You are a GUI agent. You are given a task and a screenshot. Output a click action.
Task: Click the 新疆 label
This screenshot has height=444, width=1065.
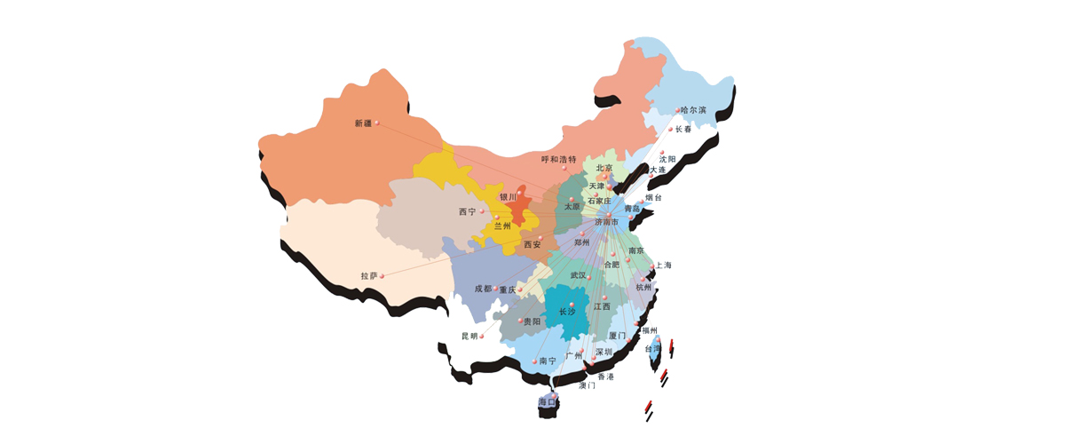point(363,123)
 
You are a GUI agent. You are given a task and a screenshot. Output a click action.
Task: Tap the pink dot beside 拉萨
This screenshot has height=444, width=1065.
point(383,276)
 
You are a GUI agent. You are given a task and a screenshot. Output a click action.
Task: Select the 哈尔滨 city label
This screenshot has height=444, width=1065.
point(693,110)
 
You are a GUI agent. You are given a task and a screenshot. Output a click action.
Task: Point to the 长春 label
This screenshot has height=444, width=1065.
point(683,129)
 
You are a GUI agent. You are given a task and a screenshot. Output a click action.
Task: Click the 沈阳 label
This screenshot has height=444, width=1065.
point(667,158)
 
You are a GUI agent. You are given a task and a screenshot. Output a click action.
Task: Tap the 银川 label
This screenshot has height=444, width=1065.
point(508,196)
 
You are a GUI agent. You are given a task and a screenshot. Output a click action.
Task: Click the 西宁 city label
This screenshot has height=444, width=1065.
point(468,211)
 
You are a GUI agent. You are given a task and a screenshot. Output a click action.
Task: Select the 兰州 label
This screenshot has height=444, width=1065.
point(502,226)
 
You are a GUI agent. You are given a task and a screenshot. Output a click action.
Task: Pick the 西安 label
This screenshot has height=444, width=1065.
point(532,244)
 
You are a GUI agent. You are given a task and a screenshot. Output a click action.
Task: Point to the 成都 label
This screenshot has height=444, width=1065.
point(482,289)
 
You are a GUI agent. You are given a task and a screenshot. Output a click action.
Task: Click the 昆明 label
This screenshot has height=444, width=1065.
point(469,336)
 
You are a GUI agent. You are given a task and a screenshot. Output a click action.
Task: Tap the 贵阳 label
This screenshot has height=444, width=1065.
point(531,321)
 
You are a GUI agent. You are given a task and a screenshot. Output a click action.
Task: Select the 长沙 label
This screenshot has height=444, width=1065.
point(566,312)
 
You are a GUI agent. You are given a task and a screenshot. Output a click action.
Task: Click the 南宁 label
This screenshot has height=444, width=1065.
point(548,361)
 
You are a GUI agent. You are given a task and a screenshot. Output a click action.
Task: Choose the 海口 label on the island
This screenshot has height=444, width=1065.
point(547,402)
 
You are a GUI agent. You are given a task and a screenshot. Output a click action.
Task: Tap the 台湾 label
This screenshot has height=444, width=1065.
point(652,349)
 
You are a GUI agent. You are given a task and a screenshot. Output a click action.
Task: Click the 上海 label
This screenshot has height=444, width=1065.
point(664,265)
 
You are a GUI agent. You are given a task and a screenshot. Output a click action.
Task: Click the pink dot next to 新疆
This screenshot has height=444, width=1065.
point(377,123)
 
